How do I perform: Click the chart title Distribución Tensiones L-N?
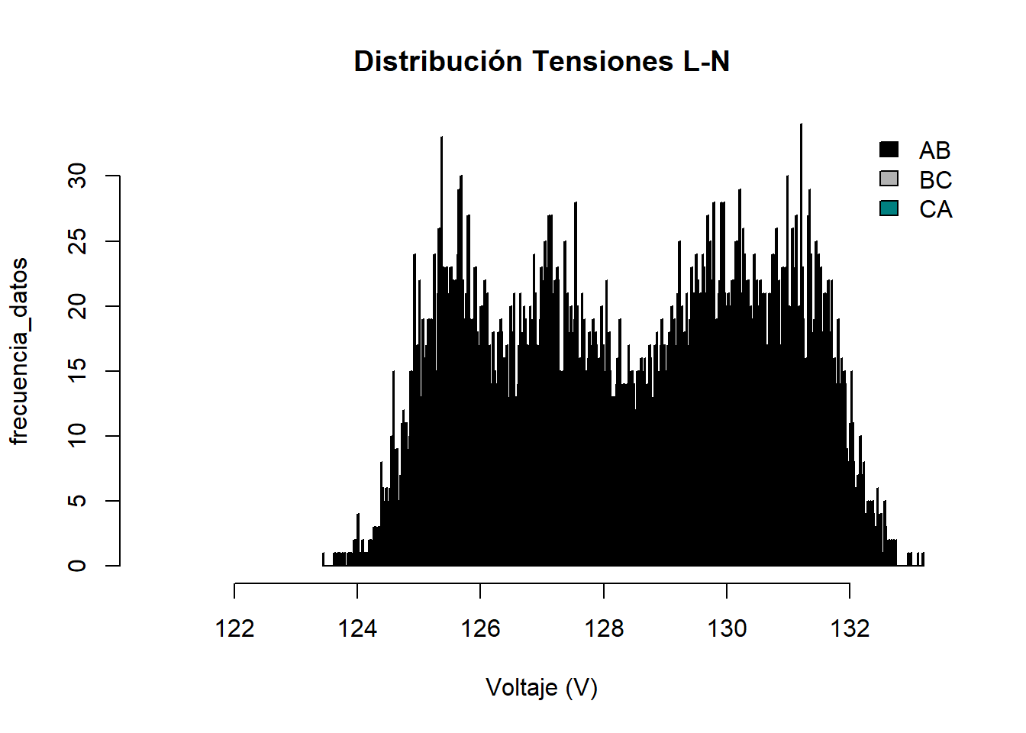pos(541,61)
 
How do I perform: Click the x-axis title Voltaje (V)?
pos(541,688)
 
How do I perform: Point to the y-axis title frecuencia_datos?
pos(19,351)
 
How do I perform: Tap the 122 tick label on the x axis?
pos(234,628)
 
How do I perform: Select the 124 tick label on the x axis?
pos(357,628)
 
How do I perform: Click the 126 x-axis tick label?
pos(480,628)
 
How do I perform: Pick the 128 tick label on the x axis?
pos(604,628)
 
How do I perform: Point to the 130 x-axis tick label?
pos(727,628)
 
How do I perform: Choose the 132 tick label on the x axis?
pos(850,628)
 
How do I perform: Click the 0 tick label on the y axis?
pos(77,566)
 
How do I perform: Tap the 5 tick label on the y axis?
pos(77,501)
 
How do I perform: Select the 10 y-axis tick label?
pos(77,436)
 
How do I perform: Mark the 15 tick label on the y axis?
pos(77,371)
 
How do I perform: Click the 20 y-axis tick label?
pos(77,306)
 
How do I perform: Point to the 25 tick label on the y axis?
pos(77,241)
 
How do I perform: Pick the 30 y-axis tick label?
pos(77,176)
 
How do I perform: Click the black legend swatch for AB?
pos(889,150)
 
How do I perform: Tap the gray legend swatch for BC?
pos(889,179)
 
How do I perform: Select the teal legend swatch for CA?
pos(889,208)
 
